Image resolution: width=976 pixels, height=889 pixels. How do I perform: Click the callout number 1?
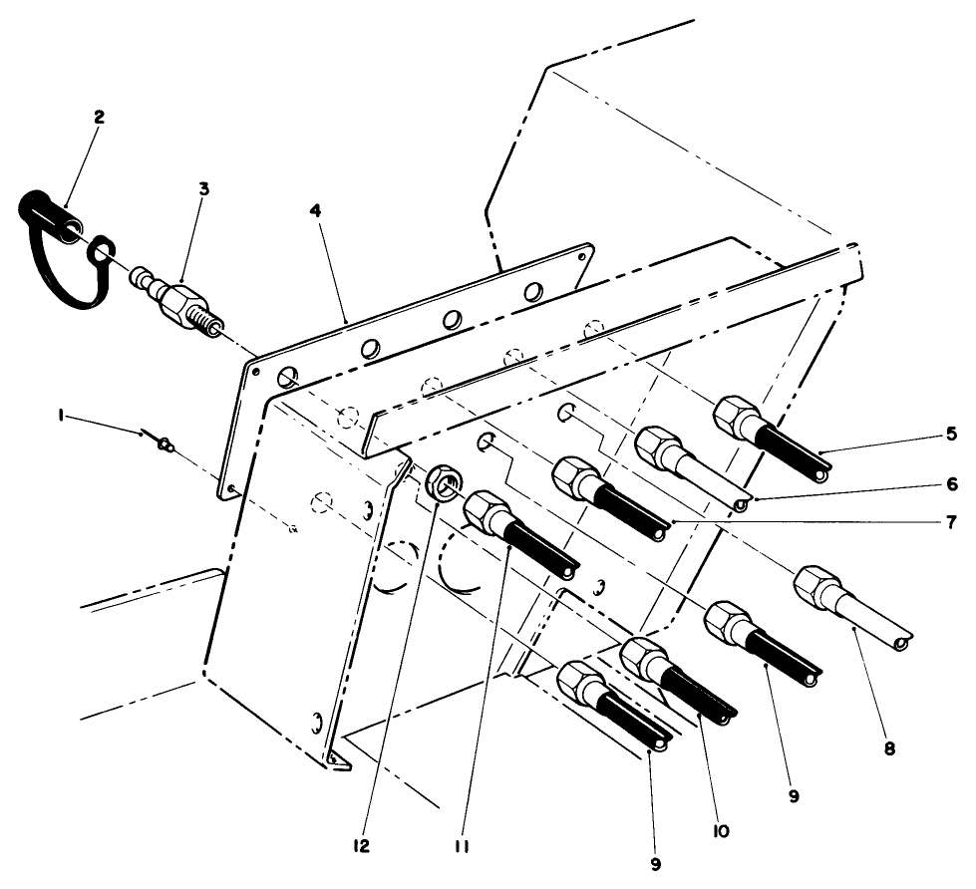(x=61, y=418)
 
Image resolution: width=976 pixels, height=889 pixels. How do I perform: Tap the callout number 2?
(x=100, y=117)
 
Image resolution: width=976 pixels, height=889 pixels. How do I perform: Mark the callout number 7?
(x=951, y=520)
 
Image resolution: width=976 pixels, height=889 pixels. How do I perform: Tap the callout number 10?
(x=719, y=829)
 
